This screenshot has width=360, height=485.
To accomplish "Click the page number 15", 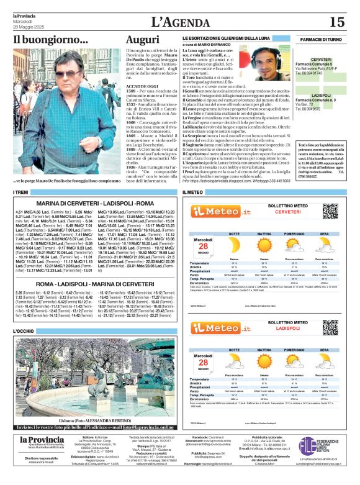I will coord(337,22).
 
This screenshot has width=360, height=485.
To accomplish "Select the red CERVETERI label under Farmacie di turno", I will coord(321,59).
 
